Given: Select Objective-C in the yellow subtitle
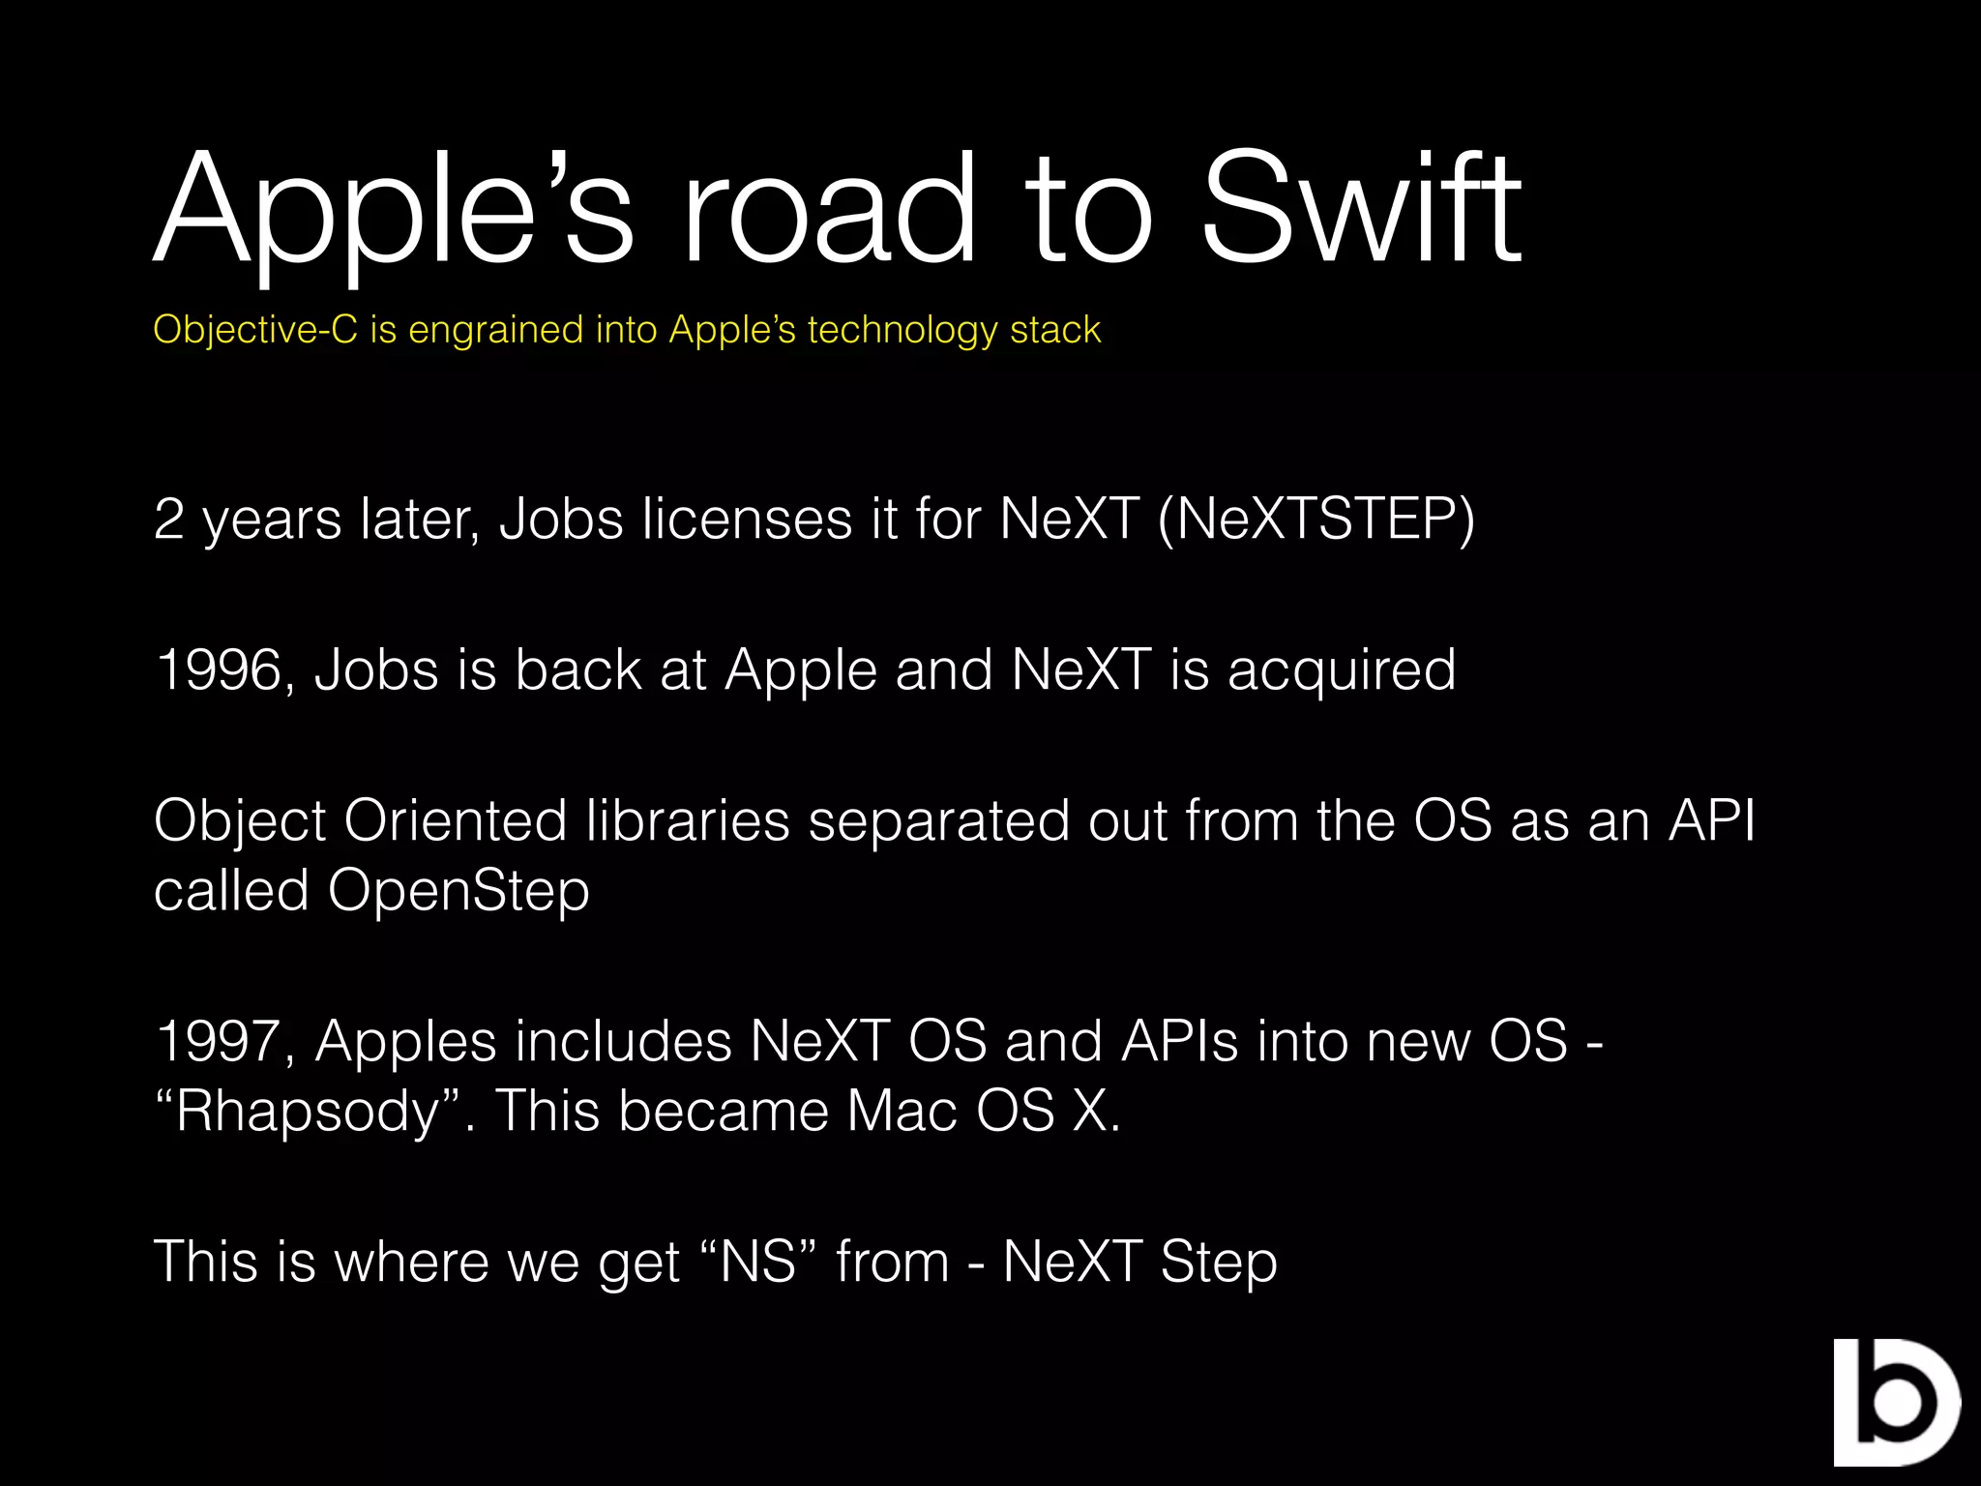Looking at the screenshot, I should pyautogui.click(x=255, y=330).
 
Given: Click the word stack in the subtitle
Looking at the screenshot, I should pyautogui.click(x=1055, y=330).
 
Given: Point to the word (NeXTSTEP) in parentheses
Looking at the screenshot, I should pyautogui.click(x=1316, y=520).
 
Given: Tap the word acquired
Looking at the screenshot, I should pyautogui.click(x=1342, y=669).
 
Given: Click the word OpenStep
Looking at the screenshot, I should pyautogui.click(x=458, y=890).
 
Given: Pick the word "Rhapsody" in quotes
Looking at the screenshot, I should pyautogui.click(x=308, y=1112).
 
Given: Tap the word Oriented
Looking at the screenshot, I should pyautogui.click(x=456, y=821).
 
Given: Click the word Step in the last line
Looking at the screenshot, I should pyautogui.click(x=1219, y=1263).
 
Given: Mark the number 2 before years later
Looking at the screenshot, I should pyautogui.click(x=169, y=520).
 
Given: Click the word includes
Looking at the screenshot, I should pyautogui.click(x=623, y=1042).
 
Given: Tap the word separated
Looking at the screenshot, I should pyautogui.click(x=939, y=821).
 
